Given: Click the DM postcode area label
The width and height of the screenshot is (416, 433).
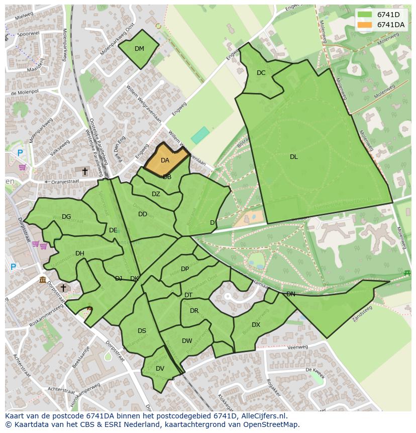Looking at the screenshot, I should (139, 49).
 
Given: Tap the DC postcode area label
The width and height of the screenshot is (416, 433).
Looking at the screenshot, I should (261, 73).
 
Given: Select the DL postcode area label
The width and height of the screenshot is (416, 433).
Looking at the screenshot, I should (293, 157).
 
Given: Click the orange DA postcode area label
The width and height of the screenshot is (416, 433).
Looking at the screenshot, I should (165, 160).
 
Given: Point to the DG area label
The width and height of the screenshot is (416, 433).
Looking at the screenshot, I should (66, 217).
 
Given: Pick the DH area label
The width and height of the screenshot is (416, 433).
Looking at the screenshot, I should (79, 253).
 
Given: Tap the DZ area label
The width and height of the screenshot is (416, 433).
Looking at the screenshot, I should (156, 194).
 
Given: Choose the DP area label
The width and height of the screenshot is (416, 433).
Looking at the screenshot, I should (185, 269).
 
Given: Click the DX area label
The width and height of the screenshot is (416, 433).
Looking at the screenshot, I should (256, 325).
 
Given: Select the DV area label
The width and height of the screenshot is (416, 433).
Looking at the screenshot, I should (160, 369).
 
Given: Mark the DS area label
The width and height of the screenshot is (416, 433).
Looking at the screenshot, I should (142, 331).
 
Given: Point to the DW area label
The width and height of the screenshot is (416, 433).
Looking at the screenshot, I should (187, 341).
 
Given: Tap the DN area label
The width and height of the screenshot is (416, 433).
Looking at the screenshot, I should (290, 294).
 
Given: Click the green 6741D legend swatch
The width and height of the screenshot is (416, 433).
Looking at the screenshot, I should (365, 15).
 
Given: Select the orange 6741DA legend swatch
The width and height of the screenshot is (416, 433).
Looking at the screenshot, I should (365, 25).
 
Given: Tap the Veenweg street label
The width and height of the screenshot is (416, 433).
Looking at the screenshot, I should (298, 347).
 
